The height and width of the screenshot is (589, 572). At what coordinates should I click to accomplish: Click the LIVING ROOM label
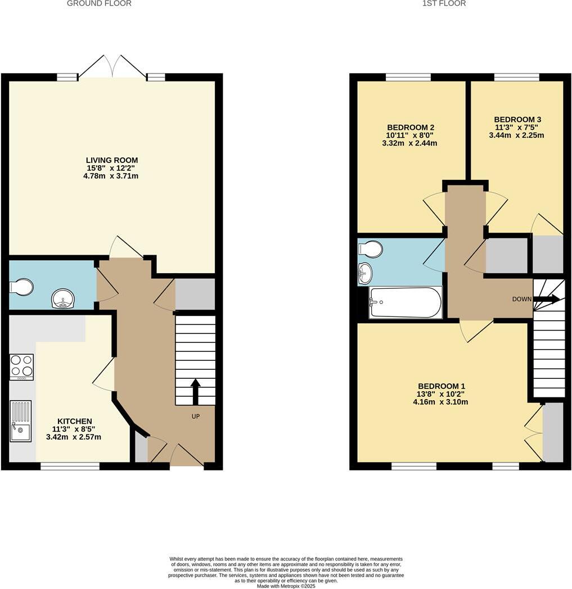[x=112, y=160]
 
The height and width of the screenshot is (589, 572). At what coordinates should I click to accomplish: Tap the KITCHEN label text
[x=74, y=421]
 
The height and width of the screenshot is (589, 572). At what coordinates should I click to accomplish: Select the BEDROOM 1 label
[x=442, y=386]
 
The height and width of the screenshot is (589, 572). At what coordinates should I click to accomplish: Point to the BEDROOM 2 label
[x=410, y=128]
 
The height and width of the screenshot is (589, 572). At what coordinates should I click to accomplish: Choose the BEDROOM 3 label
[x=517, y=119]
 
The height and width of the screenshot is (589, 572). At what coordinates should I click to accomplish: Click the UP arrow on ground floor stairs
[x=195, y=391]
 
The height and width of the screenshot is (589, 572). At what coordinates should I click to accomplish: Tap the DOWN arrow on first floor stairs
[x=549, y=299]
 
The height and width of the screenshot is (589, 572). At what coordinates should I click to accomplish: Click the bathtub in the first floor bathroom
[x=406, y=302]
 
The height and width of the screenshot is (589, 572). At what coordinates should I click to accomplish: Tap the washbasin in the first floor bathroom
[x=365, y=274]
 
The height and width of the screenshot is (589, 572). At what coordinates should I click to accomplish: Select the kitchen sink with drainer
[x=20, y=421]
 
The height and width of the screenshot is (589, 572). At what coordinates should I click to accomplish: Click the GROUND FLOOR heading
[x=99, y=3]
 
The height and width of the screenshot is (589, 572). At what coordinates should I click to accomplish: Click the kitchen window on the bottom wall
[x=70, y=465]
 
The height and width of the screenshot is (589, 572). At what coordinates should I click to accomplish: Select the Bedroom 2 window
[x=408, y=78]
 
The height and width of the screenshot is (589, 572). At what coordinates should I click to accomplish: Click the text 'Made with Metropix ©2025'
[x=286, y=586]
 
